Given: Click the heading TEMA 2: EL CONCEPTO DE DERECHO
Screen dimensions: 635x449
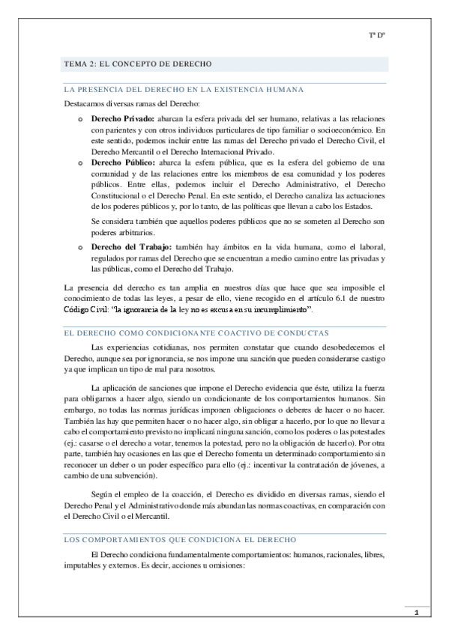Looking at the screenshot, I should [139, 64].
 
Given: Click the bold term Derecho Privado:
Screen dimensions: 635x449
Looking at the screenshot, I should [123, 120].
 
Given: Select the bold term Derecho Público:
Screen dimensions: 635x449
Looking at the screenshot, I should [123, 162].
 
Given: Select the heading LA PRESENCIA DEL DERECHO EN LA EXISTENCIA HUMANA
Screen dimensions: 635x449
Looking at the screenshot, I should [184, 89].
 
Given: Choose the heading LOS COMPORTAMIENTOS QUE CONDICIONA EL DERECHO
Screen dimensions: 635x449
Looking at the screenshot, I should [180, 539].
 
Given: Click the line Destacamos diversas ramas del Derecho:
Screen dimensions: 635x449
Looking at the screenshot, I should [132, 104].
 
